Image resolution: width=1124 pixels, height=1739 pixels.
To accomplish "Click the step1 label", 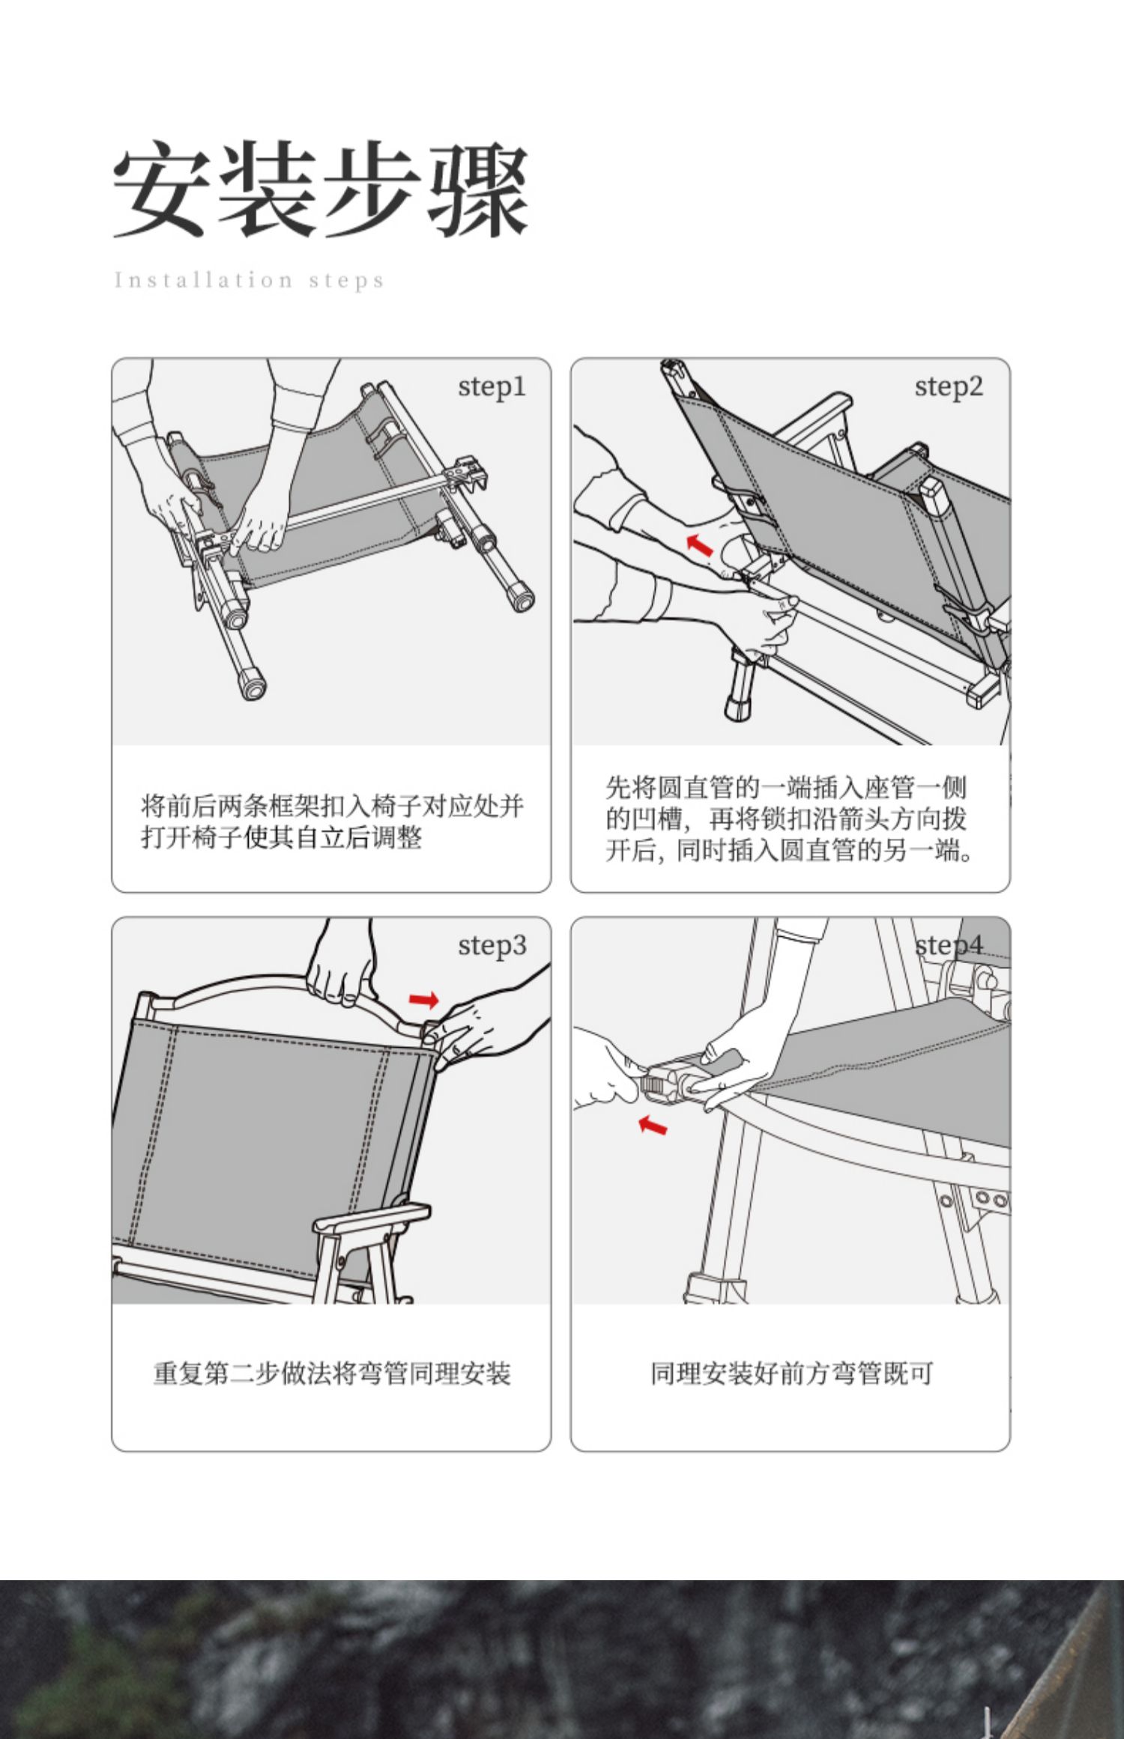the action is pos(492,386).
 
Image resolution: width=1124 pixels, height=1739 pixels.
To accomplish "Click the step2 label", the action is pos(948,386).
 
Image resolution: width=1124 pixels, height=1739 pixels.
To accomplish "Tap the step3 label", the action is pos(492,945).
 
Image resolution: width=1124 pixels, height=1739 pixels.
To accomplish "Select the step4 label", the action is pos(948,945).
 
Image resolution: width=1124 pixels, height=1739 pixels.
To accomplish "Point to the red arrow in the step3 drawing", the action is pos(424,999).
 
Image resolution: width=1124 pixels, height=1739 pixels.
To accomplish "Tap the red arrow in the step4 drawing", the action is pos(652,1125).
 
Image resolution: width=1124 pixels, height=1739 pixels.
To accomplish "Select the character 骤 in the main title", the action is pos(478,189).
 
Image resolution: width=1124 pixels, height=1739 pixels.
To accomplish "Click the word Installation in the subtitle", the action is pos(203,280).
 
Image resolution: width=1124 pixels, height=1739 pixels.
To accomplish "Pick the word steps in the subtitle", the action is pos(346,281).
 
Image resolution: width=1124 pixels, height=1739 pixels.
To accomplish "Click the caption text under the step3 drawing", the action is pos(331,1374).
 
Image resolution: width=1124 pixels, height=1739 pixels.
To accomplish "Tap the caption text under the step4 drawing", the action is pos(791,1374).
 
